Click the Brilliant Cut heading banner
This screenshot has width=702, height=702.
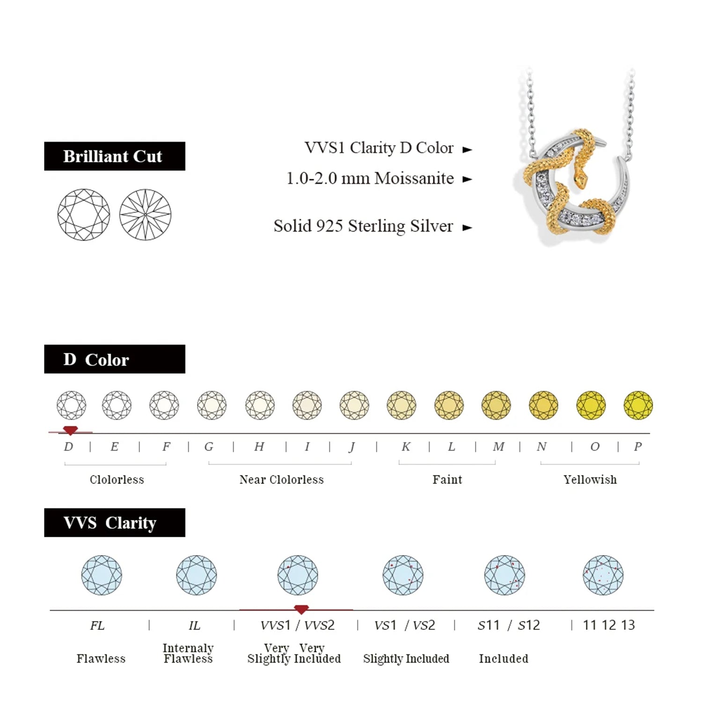click(115, 156)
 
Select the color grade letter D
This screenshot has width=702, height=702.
click(68, 446)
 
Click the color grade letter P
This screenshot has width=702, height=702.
click(637, 446)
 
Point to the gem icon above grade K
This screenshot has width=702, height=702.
click(402, 405)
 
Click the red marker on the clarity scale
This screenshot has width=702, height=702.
click(301, 609)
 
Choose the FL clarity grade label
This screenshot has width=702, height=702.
click(97, 625)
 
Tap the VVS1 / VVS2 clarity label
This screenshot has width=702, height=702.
click(298, 625)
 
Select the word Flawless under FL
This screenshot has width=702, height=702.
click(101, 658)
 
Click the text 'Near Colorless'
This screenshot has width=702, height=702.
click(281, 479)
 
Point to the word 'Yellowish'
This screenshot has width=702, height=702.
click(590, 479)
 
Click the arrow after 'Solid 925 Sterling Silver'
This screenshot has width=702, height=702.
click(467, 228)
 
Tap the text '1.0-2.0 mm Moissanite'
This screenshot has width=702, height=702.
click(370, 178)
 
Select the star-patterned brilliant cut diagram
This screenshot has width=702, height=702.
click(145, 215)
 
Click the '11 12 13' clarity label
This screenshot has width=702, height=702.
click(608, 625)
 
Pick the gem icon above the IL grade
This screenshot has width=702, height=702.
click(197, 575)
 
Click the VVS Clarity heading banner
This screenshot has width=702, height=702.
click(115, 522)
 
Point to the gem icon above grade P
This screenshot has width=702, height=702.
click(638, 405)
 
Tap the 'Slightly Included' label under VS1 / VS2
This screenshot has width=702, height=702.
click(406, 658)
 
